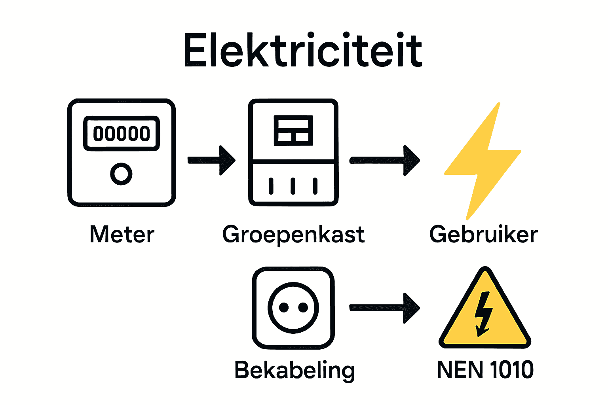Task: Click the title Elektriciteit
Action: point(303,51)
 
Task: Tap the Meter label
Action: point(122,235)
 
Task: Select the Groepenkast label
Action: point(293,235)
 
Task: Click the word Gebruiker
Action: point(483,235)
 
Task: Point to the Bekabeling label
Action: point(294,371)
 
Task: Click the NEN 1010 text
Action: point(485,370)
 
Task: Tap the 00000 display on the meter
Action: point(122,134)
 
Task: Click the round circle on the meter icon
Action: point(121,174)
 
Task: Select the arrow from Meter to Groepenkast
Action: point(212,160)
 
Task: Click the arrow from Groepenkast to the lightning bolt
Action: point(384,160)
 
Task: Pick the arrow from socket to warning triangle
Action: point(384,308)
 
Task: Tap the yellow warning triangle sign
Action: point(484,316)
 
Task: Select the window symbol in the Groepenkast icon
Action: point(293,131)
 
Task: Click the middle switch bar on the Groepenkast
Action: point(293,186)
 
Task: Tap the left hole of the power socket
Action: point(283,308)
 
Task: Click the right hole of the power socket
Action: point(303,308)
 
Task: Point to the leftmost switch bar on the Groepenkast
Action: point(271,186)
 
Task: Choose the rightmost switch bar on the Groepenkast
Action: point(315,186)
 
